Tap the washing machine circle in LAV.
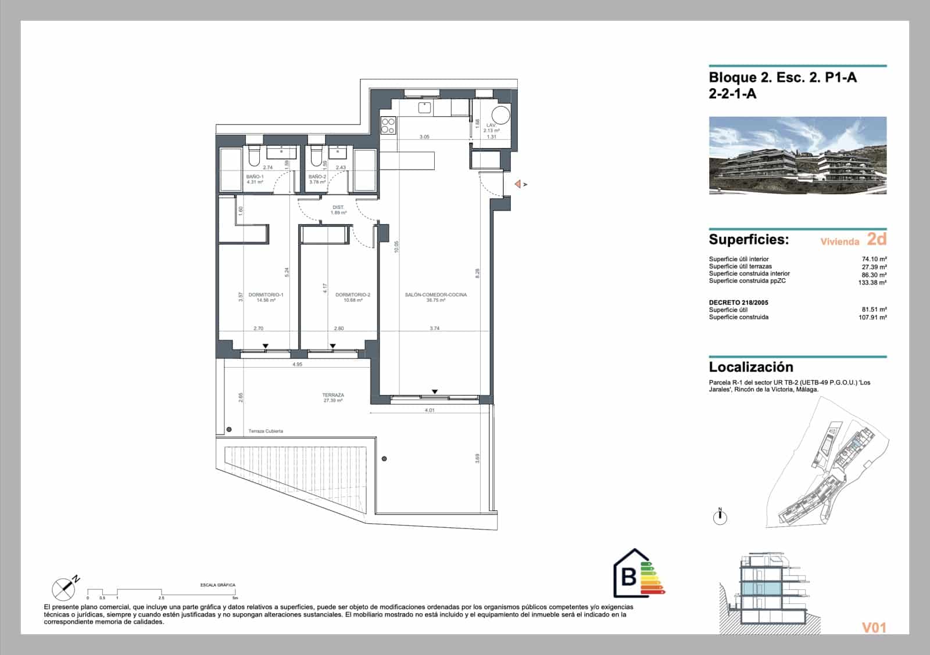[501, 115]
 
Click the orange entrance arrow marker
[518, 185]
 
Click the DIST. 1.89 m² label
[338, 210]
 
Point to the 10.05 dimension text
[396, 247]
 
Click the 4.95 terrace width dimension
[297, 365]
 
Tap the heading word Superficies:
[749, 240]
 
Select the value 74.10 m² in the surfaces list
[874, 260]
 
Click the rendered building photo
[797, 156]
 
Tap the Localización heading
[751, 367]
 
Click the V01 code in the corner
[873, 627]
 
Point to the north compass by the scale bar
[63, 589]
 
